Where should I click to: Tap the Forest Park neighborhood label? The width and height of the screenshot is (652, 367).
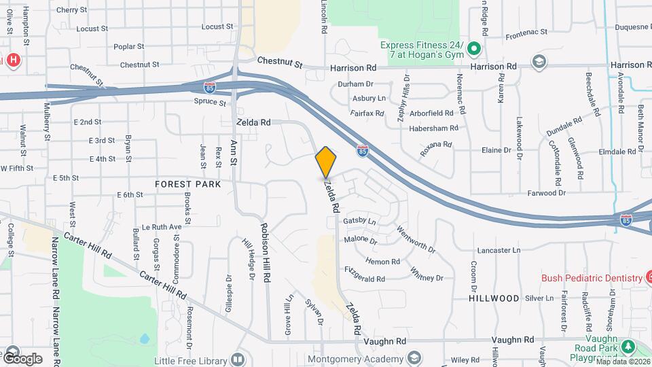183,184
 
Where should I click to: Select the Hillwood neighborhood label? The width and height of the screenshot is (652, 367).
492,298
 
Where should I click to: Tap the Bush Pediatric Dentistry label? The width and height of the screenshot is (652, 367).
592,278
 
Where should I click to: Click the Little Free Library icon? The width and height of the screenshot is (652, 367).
237,358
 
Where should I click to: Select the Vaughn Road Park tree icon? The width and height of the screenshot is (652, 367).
629,347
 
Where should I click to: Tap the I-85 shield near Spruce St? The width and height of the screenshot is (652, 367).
211,87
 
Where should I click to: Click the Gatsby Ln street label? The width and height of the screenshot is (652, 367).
359,222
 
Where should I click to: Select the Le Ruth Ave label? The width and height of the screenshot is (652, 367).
162,227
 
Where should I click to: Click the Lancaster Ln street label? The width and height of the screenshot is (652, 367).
499,250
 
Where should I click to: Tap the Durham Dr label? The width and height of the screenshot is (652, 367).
356,84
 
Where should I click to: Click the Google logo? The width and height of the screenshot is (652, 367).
22,358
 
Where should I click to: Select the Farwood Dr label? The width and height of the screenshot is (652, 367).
547,193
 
